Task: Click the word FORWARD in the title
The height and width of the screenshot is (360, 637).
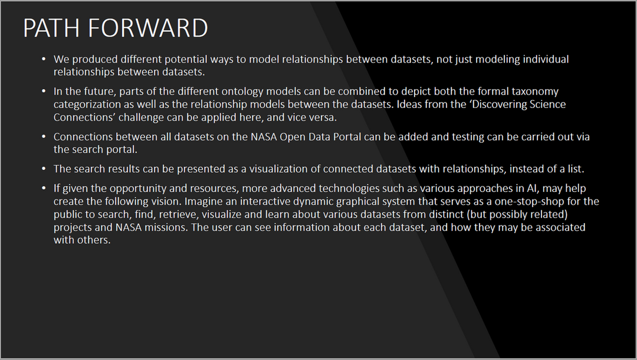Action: coord(148,28)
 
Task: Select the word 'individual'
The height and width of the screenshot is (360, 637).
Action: coord(546,60)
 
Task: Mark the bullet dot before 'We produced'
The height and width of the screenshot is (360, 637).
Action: coord(44,60)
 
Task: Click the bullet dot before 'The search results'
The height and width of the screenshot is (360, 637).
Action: coord(44,169)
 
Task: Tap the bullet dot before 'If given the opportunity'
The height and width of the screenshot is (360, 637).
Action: coord(44,188)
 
